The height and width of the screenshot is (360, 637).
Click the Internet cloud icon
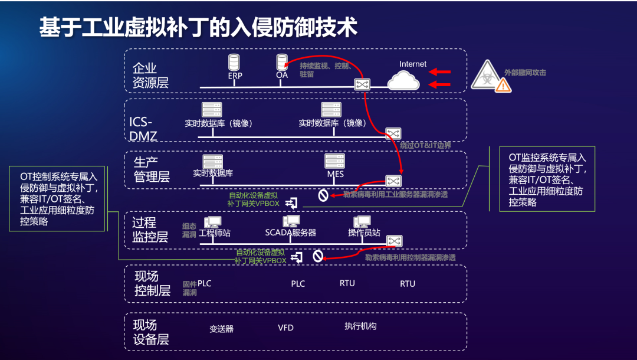(x=404, y=80)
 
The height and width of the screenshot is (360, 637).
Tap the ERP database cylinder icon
(x=235, y=62)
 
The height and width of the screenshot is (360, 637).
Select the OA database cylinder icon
(x=282, y=62)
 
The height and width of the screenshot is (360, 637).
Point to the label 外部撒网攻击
(x=525, y=73)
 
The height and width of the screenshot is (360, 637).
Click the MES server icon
(x=334, y=161)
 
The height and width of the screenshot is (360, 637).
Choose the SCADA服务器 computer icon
(x=291, y=222)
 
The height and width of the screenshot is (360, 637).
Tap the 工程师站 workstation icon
(x=212, y=222)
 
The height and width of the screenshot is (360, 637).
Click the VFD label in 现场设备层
(x=285, y=328)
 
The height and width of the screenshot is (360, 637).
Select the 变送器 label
(x=222, y=329)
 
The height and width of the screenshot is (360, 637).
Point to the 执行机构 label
(x=360, y=326)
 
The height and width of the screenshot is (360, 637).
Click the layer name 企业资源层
(x=150, y=75)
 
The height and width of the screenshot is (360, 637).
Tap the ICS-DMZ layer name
(x=143, y=129)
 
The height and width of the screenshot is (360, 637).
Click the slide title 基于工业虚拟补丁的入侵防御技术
(x=198, y=27)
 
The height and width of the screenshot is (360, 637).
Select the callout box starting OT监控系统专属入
(x=547, y=179)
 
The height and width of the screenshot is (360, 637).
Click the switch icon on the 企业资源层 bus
(x=362, y=84)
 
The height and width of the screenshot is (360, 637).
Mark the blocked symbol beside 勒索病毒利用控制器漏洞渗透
(x=317, y=256)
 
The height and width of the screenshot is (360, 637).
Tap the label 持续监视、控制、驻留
(x=324, y=70)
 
